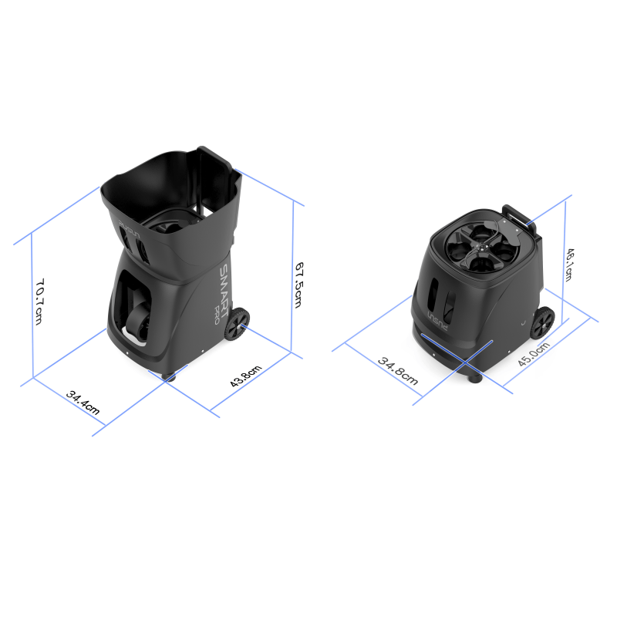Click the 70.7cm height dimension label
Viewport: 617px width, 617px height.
click(39, 302)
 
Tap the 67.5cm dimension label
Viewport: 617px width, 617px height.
click(299, 285)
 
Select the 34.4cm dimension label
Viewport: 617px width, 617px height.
click(83, 402)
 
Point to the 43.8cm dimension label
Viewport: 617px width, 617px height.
click(245, 376)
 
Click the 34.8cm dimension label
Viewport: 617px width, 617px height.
click(397, 371)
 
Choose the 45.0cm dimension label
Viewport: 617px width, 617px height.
click(533, 354)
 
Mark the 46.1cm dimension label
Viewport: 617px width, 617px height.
click(568, 265)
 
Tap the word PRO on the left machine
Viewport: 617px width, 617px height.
click(215, 315)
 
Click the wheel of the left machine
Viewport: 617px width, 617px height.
click(237, 324)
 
